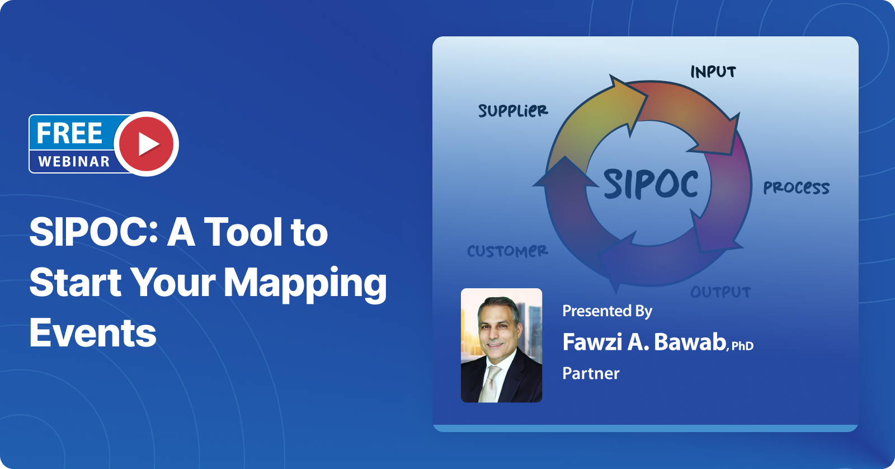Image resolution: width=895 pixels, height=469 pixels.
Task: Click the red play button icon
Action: pos(147,144)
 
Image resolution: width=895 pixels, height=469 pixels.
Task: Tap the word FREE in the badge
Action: pos(69,133)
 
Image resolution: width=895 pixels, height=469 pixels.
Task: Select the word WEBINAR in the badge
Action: pos(74,162)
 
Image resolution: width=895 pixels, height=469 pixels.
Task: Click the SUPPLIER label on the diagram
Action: pos(513,110)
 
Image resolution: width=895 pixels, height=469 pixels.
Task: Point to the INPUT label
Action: pos(713,72)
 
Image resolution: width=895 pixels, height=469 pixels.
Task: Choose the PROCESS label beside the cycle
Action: pos(796,187)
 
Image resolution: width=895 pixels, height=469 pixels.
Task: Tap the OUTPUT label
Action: pos(720,292)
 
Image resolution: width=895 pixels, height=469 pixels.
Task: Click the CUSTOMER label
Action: pos(507,251)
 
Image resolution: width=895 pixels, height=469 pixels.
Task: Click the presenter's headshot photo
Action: pos(501,345)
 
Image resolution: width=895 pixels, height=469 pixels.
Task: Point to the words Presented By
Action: pos(607,311)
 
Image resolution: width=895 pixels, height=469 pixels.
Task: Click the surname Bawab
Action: pos(690,342)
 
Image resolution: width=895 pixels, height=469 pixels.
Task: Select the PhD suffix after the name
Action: pos(742,346)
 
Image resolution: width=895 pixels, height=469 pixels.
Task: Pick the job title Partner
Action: pos(591,373)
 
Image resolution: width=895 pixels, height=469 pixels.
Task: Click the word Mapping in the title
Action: pos(305,283)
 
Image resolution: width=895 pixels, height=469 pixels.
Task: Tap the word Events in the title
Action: pos(93,334)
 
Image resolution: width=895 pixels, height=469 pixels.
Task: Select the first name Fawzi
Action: pos(592,342)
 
